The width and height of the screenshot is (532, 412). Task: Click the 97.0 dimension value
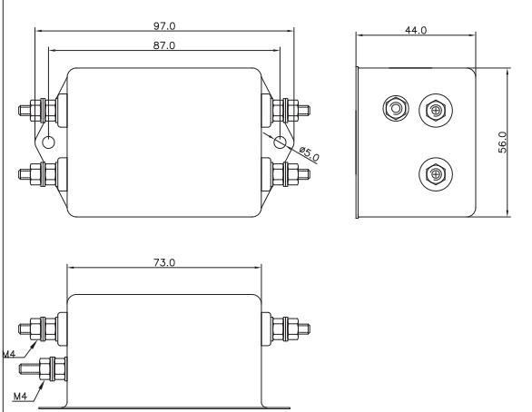164,26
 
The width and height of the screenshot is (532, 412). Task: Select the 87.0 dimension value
164,45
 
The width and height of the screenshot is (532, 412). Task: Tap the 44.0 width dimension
416,30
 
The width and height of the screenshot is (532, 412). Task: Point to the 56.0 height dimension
502,142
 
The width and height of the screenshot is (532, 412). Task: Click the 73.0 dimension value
164,263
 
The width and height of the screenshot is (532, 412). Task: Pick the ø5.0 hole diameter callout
310,153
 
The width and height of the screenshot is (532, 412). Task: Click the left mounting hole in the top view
49,142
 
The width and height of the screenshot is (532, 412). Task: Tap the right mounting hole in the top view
280,142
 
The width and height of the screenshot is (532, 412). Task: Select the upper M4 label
9,354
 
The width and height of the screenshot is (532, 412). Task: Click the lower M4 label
20,396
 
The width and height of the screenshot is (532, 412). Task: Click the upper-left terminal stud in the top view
43,110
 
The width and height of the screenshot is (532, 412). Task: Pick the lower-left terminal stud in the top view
43,174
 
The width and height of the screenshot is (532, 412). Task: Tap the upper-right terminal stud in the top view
286,110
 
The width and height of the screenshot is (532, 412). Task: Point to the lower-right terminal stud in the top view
286,174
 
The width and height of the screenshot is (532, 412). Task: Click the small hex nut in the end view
395,109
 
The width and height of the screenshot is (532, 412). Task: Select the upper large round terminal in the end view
436,110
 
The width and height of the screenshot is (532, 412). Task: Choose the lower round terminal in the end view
436,174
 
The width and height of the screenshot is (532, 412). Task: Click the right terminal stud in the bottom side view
286,329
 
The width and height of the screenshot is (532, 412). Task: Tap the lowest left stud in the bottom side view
43,368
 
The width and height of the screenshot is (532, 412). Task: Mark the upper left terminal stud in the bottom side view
43,329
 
